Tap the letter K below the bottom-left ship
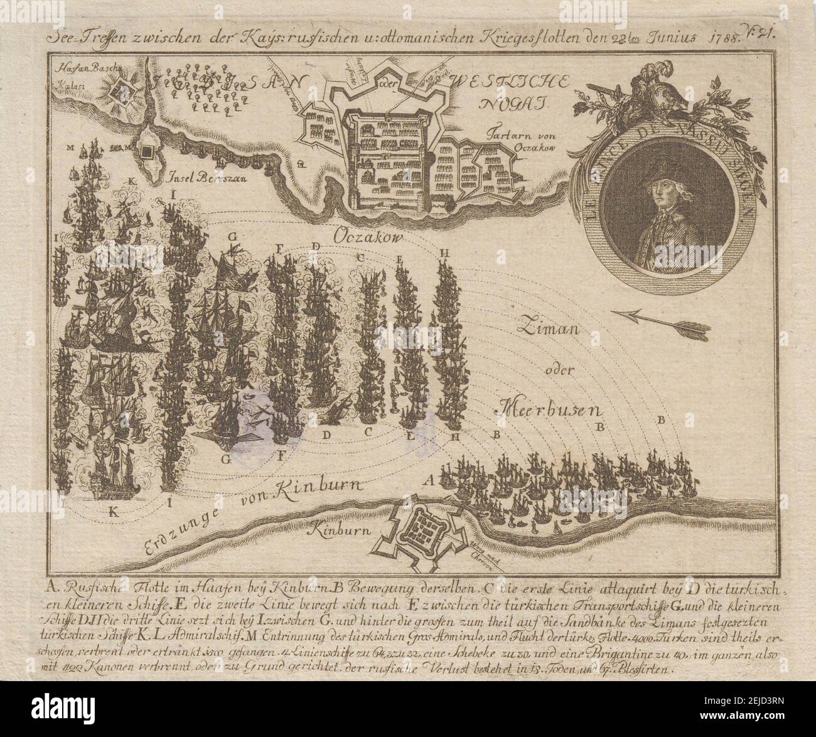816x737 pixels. click(114, 512)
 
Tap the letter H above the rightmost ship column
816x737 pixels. click(445, 252)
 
